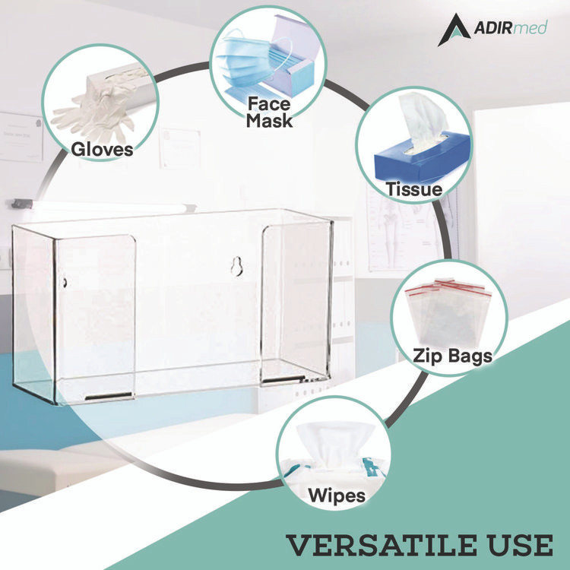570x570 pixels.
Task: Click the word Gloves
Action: tap(102, 149)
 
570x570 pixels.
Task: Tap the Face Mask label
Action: tap(269, 111)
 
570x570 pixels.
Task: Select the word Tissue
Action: tap(413, 189)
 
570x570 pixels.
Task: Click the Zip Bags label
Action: tap(452, 355)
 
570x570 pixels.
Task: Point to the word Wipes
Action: tap(336, 496)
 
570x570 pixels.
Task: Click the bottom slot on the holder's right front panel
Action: tap(282, 376)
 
